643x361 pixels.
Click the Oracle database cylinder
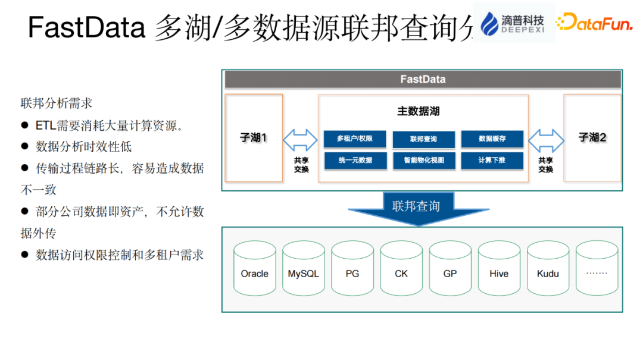tap(254, 269)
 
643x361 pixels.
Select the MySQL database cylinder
tap(303, 269)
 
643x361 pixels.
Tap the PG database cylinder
tap(352, 269)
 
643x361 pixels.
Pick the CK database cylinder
tap(401, 269)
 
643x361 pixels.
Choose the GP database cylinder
tap(450, 269)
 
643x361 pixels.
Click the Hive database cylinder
tap(499, 269)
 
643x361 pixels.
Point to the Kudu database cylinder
tap(548, 269)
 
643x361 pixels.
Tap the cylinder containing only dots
tap(597, 269)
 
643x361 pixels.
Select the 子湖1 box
tap(254, 138)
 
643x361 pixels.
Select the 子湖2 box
tap(592, 138)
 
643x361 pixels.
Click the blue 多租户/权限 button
tap(355, 139)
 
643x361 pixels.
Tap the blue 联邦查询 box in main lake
tap(423, 139)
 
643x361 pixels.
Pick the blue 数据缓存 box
tap(492, 139)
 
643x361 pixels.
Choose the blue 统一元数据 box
tap(355, 160)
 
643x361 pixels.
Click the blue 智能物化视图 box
tap(423, 161)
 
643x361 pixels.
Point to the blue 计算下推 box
tap(492, 160)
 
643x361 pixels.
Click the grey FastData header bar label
tap(422, 79)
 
